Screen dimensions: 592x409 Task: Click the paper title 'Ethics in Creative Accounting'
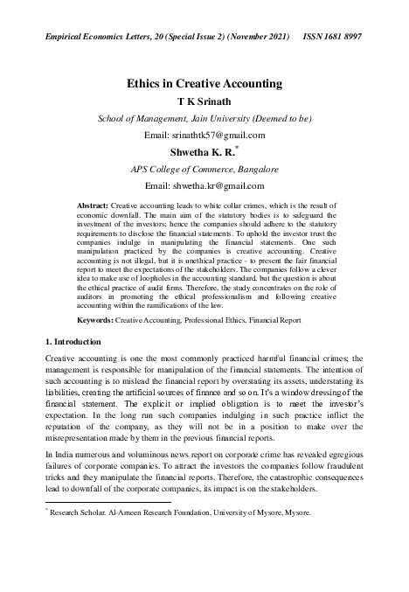204,85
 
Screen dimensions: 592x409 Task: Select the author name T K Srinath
204,101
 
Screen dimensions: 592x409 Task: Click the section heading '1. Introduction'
73,340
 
